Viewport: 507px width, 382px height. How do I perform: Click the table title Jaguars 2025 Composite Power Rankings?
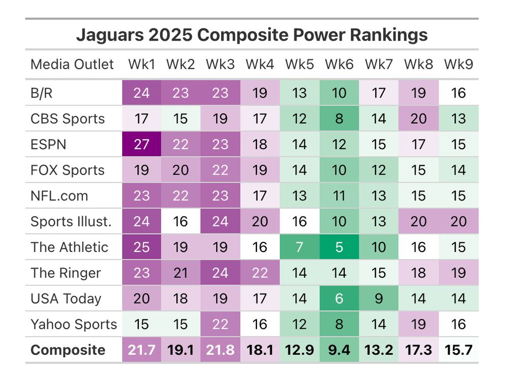[251, 35]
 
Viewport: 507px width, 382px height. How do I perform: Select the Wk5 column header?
[299, 65]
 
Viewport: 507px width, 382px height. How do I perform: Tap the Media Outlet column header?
[72, 65]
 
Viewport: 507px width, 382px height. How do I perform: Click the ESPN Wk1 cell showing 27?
[141, 144]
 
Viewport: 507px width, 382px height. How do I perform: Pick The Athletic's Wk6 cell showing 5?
[339, 247]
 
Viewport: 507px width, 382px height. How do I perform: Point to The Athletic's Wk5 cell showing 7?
[299, 247]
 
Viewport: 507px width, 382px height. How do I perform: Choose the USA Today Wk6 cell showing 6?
[339, 299]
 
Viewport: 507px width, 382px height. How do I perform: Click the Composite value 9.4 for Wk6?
[339, 350]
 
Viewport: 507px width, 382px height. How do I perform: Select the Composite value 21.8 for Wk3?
[220, 350]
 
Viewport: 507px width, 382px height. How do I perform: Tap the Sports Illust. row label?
[70, 222]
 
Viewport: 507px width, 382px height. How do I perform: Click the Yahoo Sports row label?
[74, 324]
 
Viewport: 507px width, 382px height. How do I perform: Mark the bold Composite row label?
[68, 350]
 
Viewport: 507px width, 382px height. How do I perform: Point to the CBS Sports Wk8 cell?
[418, 118]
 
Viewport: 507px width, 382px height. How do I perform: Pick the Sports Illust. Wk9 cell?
[458, 222]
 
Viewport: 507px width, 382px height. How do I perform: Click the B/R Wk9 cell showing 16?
[458, 93]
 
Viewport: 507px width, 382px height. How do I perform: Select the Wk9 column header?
[458, 65]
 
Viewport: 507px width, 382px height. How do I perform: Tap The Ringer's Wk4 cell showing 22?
[260, 273]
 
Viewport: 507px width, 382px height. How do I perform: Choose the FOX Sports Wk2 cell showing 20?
[180, 170]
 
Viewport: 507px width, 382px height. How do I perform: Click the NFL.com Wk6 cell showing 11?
[339, 196]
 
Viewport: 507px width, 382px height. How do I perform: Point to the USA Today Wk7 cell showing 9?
[379, 299]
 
